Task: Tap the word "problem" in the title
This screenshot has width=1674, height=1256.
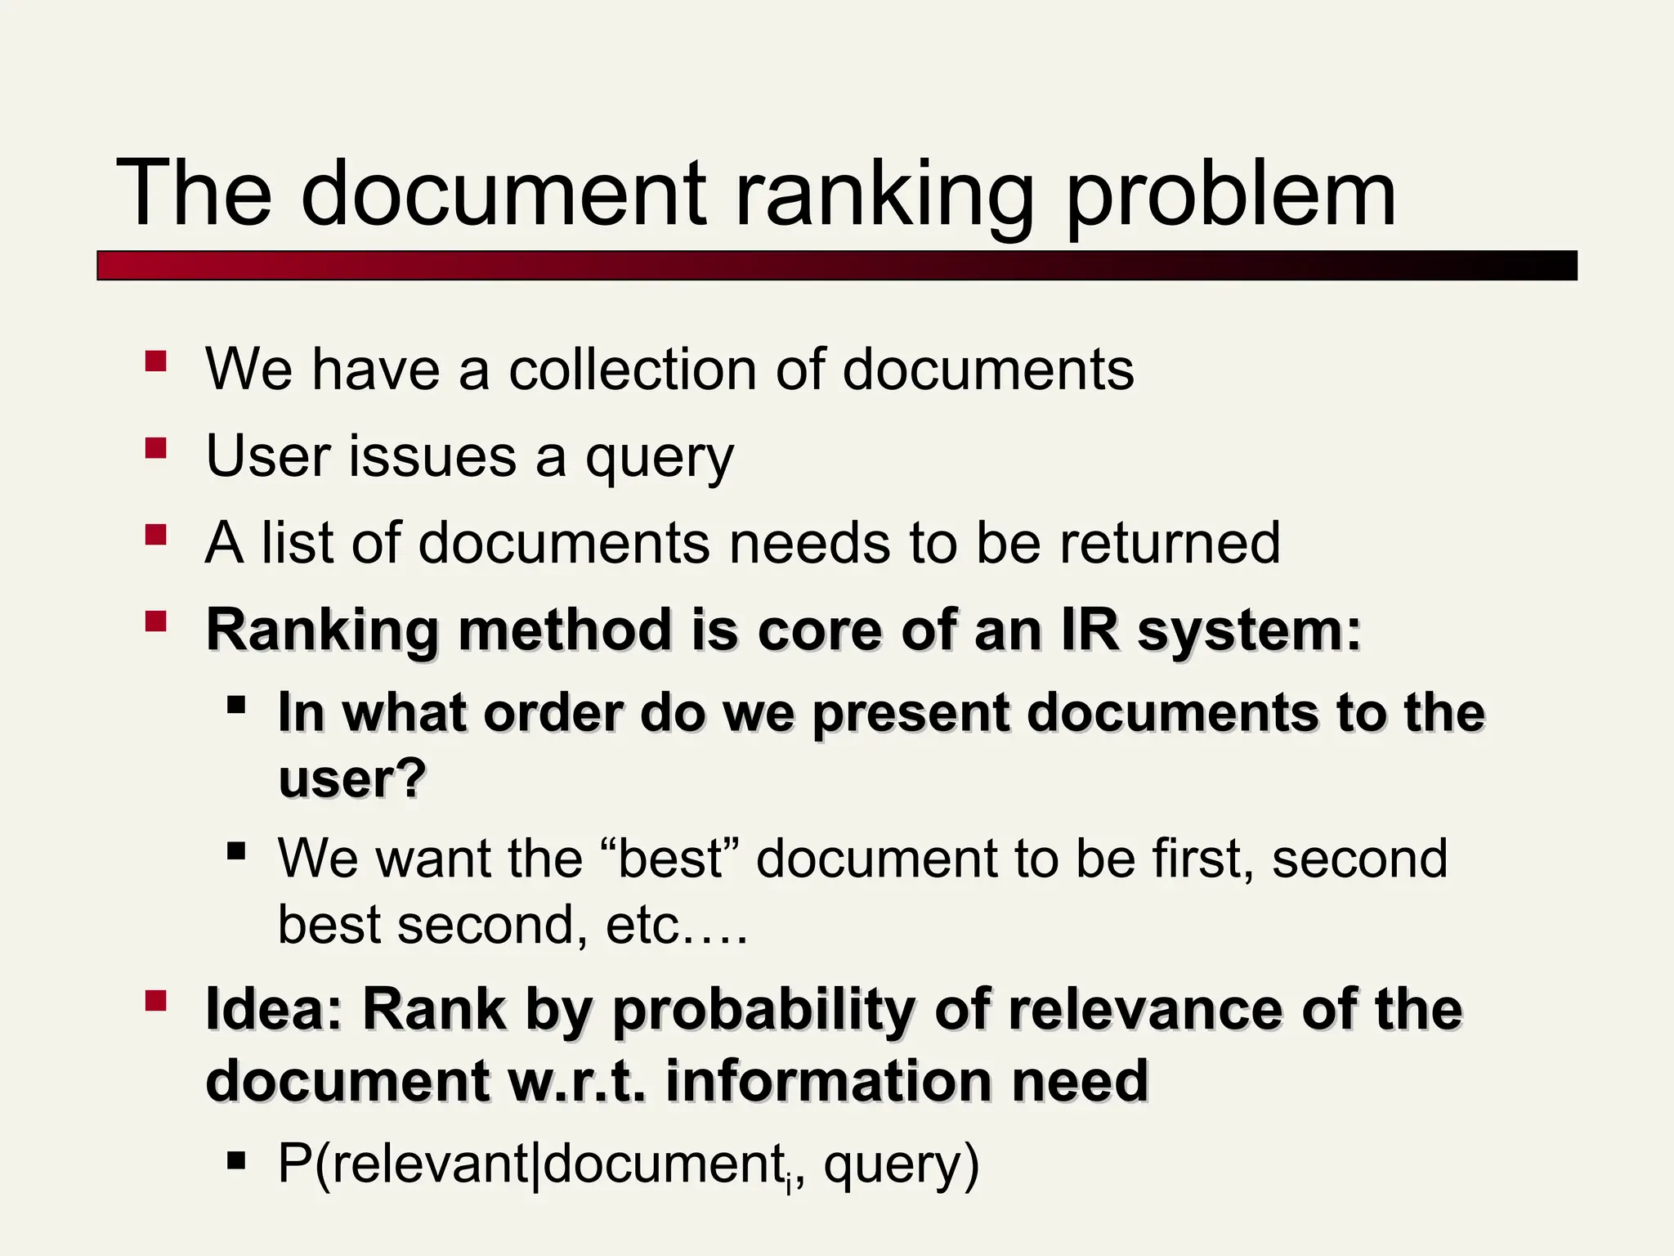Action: point(1231,196)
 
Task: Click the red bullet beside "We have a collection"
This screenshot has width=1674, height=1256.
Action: point(155,361)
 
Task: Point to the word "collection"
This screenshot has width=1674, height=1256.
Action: point(633,370)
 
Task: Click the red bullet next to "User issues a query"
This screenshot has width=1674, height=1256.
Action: point(155,448)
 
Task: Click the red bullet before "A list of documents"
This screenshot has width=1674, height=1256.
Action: point(155,535)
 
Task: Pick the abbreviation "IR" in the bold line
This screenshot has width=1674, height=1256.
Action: point(1090,630)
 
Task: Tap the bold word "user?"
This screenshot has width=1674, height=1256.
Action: point(352,778)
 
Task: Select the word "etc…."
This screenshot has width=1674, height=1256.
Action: point(677,925)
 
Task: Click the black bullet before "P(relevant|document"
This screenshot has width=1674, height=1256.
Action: point(237,1160)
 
